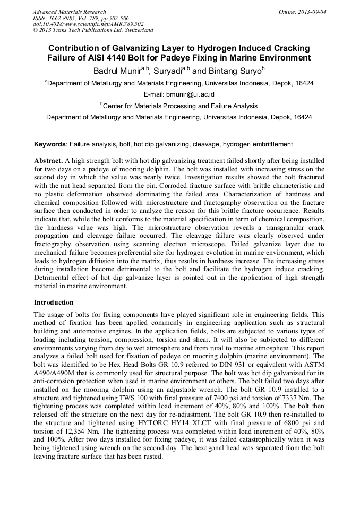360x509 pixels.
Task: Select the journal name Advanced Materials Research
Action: (70, 11)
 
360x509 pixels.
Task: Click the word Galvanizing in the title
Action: (142, 48)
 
